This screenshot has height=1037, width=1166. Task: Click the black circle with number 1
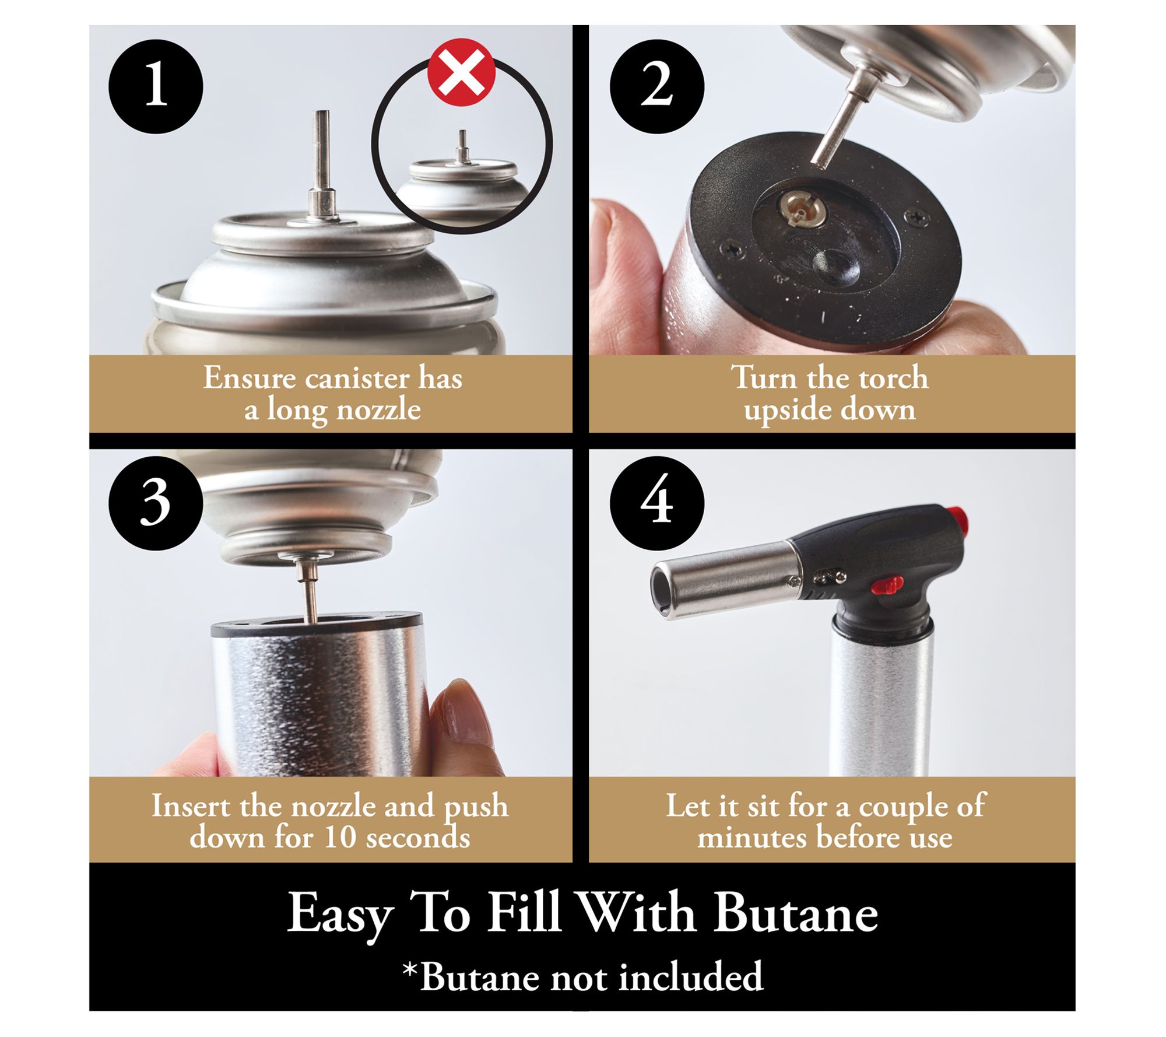[x=156, y=86]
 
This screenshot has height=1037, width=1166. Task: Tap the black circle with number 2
[x=657, y=86]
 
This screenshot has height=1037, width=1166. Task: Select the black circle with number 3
[x=156, y=503]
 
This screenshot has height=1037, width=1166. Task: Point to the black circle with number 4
[x=657, y=503]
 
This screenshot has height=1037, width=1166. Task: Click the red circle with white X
[x=462, y=72]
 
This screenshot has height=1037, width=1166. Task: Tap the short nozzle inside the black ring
[x=462, y=146]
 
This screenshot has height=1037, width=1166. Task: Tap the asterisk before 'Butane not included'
[x=410, y=971]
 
